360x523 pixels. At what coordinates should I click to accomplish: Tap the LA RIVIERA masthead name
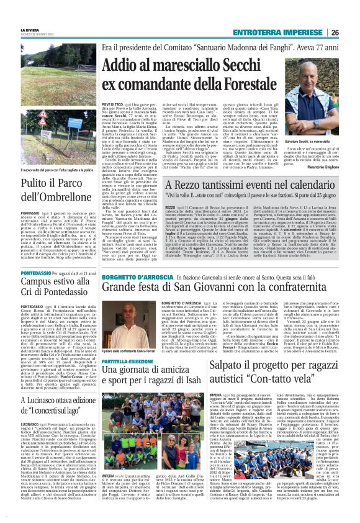[29, 29]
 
